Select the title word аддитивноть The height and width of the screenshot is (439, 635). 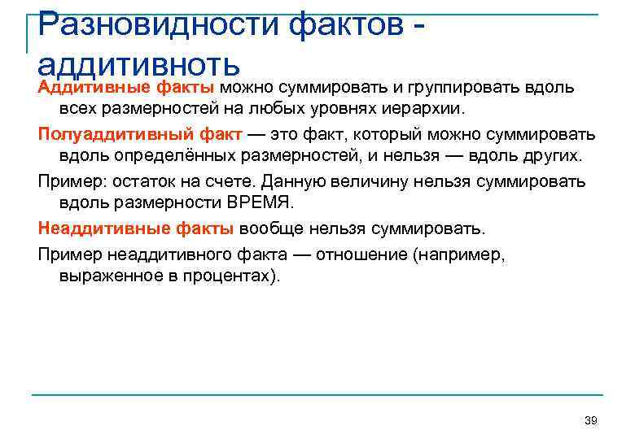138,63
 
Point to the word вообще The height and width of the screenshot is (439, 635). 269,228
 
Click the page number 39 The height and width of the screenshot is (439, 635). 591,420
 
